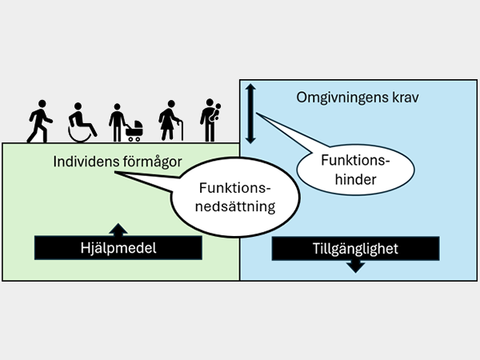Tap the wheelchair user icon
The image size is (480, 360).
coord(82,121)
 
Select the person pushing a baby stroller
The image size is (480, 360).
coord(125,122)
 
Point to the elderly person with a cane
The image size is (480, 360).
coord(170,121)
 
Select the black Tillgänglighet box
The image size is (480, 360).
coord(357,248)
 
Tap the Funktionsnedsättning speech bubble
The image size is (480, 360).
coord(236,198)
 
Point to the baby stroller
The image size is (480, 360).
coord(134,130)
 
